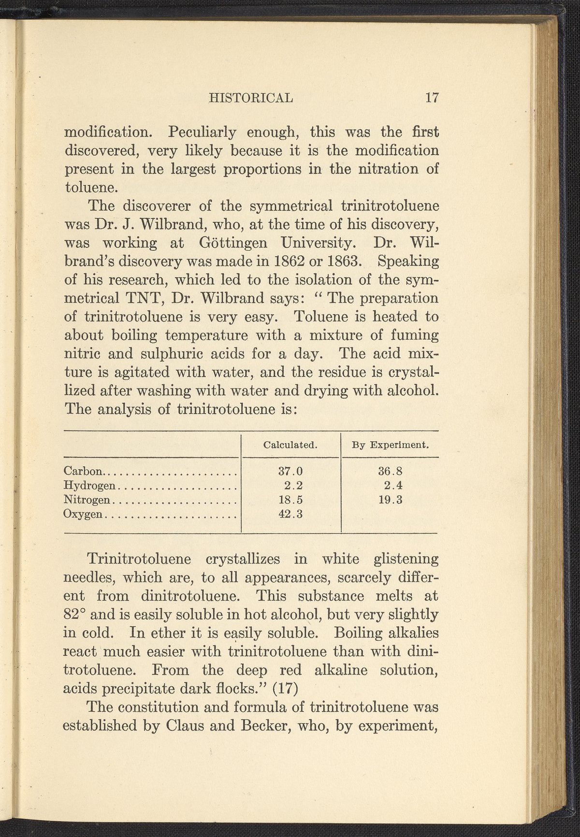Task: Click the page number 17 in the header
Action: coord(431,98)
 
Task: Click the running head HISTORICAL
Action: coord(250,98)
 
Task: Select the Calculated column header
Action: coord(290,445)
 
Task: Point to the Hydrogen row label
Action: coord(90,485)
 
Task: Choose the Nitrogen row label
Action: coord(87,500)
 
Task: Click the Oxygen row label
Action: coord(83,514)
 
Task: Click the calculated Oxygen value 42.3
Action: coord(291,514)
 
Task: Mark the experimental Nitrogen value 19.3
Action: coord(391,500)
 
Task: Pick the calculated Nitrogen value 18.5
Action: coord(291,500)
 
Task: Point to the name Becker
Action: coord(277,726)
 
